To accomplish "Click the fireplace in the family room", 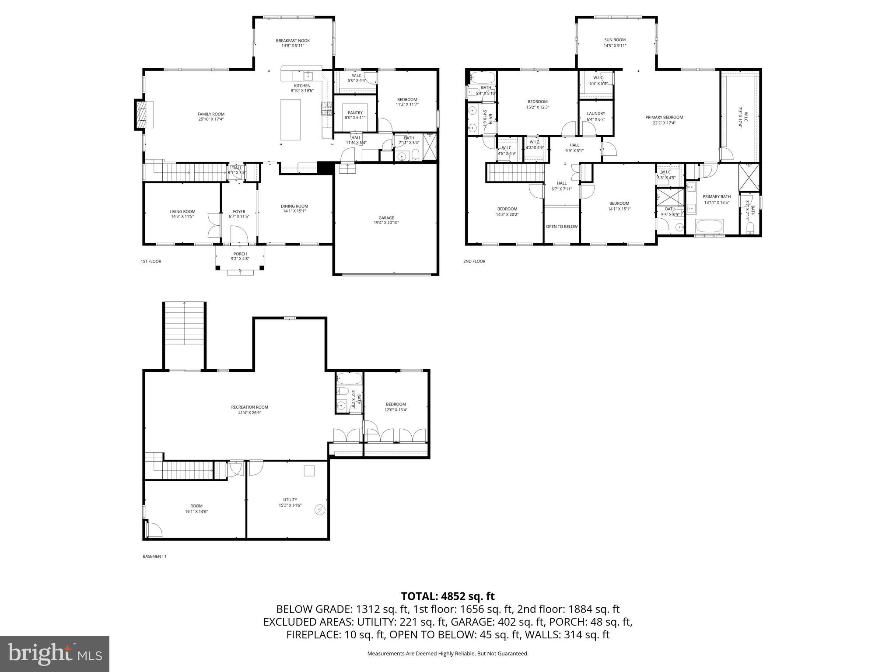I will pyautogui.click(x=141, y=115).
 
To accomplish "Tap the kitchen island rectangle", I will pyautogui.click(x=290, y=119).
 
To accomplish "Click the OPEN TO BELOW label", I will pyautogui.click(x=561, y=227).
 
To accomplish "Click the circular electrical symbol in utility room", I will pyautogui.click(x=320, y=509).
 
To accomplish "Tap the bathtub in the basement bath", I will pyautogui.click(x=349, y=378).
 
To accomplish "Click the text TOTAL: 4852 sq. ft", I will pyautogui.click(x=448, y=596).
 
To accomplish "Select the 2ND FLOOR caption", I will pyautogui.click(x=474, y=262).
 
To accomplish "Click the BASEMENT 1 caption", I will pyautogui.click(x=154, y=556).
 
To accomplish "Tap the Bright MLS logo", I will pyautogui.click(x=55, y=654).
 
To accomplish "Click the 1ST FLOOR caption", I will pyautogui.click(x=151, y=262).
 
